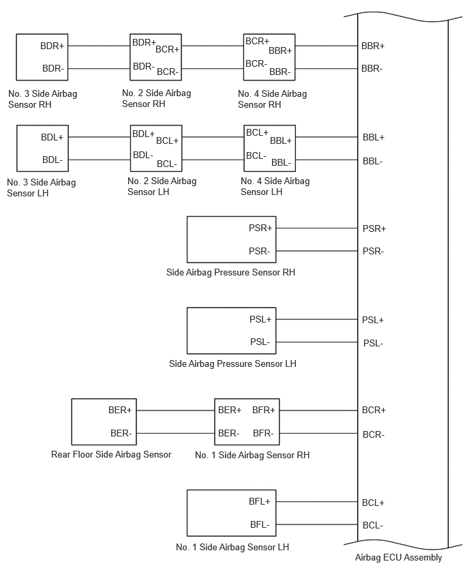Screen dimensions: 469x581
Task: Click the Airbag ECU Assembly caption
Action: tap(398, 557)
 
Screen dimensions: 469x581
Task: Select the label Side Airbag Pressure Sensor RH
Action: tap(230, 272)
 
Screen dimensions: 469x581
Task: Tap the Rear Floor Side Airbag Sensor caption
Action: tap(111, 454)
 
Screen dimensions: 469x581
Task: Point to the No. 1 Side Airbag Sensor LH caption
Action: tap(232, 547)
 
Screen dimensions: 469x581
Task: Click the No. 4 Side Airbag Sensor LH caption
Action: tap(275, 186)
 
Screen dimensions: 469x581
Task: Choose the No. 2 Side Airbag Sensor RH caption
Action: tap(156, 98)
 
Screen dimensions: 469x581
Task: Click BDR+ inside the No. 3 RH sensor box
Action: tap(52, 46)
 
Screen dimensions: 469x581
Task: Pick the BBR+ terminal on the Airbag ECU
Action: tap(373, 46)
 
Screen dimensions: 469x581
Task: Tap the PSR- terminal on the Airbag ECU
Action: tap(373, 251)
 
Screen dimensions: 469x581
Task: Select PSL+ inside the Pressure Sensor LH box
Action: tap(260, 319)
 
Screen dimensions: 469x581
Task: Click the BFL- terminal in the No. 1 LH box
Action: tap(260, 524)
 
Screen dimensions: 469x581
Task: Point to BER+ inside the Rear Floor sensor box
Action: tap(120, 411)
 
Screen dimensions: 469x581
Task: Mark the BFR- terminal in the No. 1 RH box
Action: tap(263, 433)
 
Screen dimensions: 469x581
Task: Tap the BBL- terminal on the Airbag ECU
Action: tap(373, 161)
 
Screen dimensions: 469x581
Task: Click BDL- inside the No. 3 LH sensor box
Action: tap(52, 160)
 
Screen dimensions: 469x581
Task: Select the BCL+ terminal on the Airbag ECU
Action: tap(373, 503)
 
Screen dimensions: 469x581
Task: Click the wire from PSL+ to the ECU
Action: tap(317, 319)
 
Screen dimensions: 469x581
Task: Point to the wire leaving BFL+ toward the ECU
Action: tap(317, 502)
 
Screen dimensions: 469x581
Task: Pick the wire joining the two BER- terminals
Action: tap(176, 433)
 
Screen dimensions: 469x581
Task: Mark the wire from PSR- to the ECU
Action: tap(317, 251)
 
